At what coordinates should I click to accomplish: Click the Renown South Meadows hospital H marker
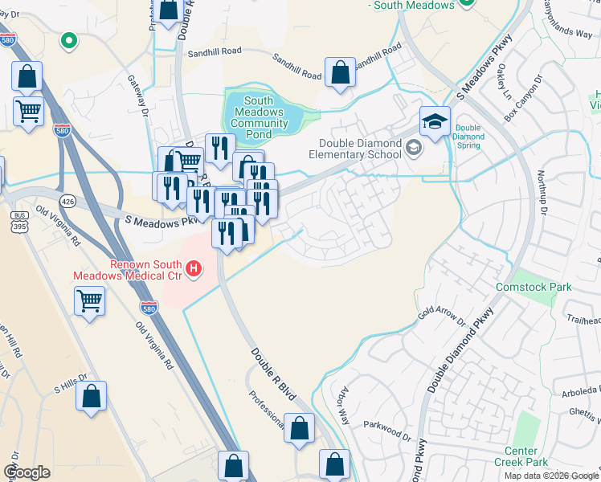[x=193, y=269]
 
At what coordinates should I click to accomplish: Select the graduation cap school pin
[x=435, y=122]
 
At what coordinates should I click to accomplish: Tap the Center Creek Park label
[x=526, y=456]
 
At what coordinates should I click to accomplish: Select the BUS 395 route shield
[x=20, y=222]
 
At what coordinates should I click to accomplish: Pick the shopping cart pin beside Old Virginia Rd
[x=89, y=302]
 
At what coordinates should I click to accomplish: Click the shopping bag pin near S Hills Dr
[x=92, y=396]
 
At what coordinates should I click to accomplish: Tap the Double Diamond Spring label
[x=468, y=137]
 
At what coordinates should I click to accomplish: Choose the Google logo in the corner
[x=27, y=472]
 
